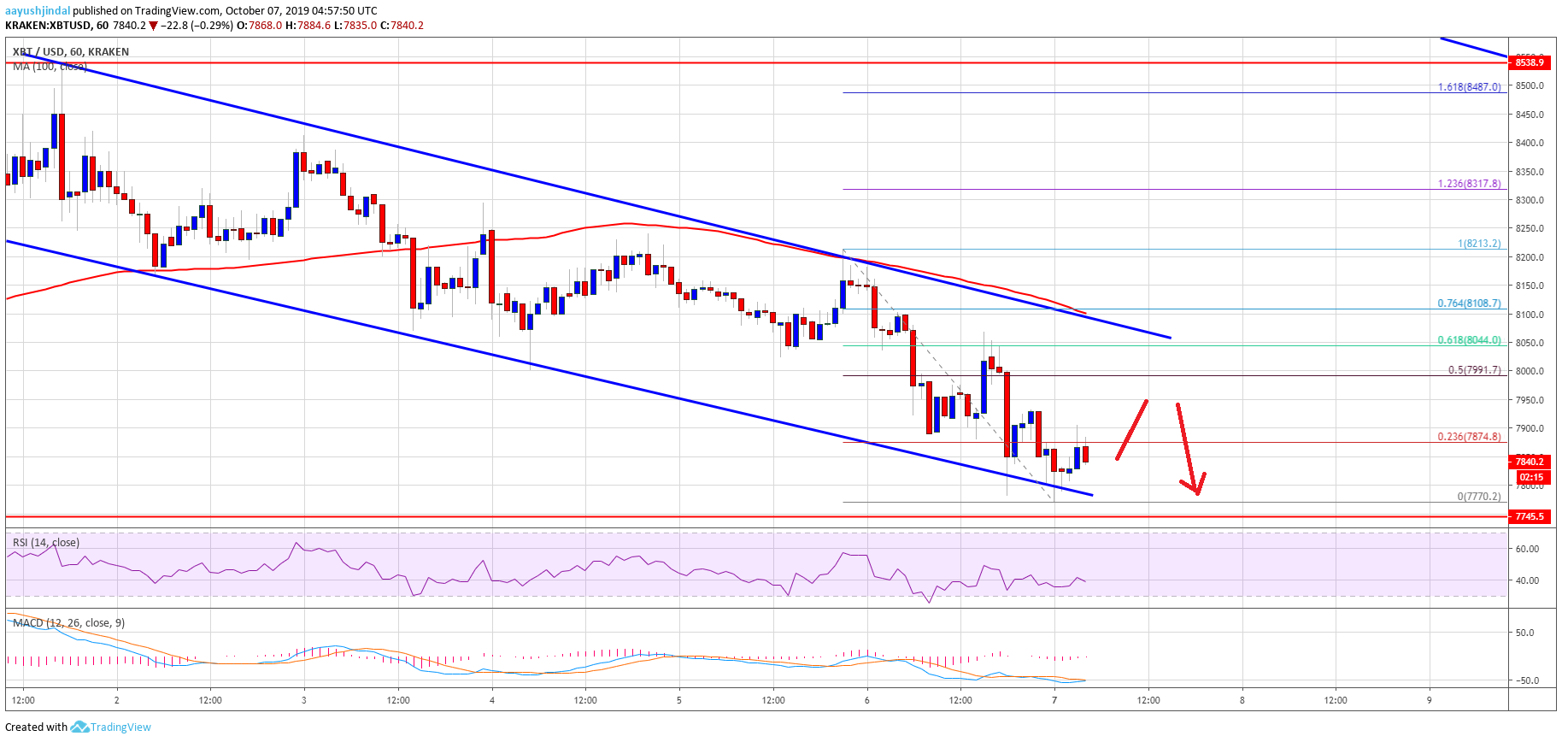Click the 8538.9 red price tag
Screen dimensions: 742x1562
1529,62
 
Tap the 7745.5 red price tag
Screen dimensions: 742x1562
1529,516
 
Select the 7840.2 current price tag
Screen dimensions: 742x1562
1529,462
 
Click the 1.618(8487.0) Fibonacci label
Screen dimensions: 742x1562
1469,87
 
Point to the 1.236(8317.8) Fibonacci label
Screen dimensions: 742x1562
1469,184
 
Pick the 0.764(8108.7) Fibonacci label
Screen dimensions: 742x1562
1469,303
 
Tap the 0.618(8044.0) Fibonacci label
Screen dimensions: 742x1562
1469,340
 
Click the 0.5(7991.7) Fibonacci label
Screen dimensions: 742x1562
1474,370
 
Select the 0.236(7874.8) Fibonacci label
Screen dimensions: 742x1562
1469,437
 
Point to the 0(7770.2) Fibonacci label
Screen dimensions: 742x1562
1478,497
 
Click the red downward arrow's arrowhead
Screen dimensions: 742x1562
1196,488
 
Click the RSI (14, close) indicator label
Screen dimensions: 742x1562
46,543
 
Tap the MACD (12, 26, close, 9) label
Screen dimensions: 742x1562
68,623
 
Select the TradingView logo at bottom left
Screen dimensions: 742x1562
110,727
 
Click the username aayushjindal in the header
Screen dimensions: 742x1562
38,11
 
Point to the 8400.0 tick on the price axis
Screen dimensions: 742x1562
1529,143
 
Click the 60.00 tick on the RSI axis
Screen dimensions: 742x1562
1527,549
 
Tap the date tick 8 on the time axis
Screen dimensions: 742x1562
1242,700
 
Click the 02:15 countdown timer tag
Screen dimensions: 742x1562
1531,477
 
